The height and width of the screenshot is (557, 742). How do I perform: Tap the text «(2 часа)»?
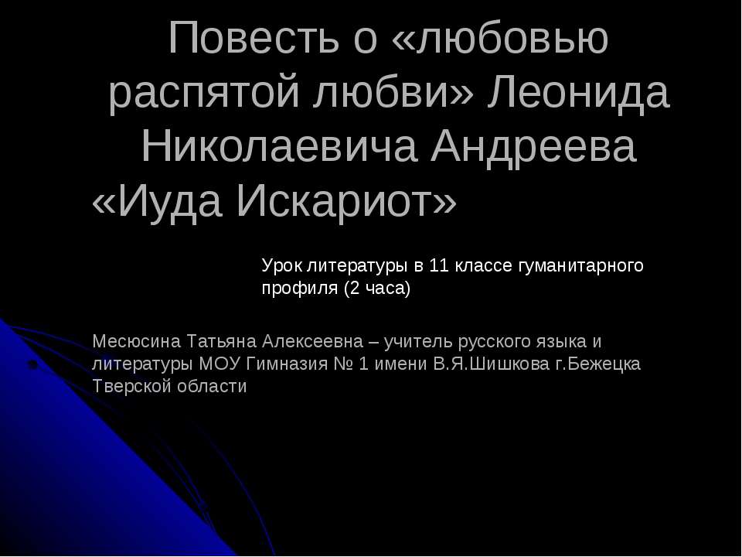(x=376, y=289)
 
